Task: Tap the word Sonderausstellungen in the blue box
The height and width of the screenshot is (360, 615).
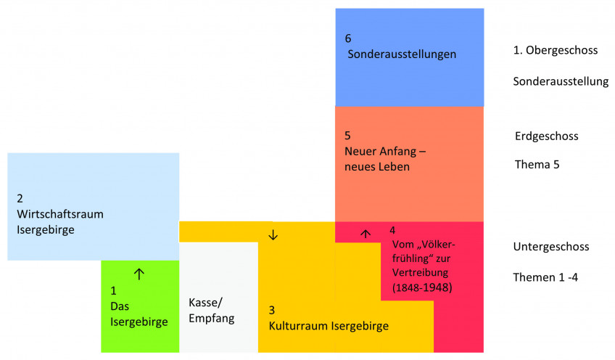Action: (x=402, y=54)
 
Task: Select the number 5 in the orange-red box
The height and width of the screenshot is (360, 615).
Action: (x=348, y=136)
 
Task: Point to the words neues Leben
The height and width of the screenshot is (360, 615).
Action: (x=377, y=167)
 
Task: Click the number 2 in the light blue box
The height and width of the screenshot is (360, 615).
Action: (x=20, y=198)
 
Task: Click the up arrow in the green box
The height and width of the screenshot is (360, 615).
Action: (x=140, y=274)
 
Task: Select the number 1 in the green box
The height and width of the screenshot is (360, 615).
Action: (x=113, y=290)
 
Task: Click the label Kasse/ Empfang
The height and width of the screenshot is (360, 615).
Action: (x=211, y=310)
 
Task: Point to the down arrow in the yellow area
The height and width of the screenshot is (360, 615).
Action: (x=273, y=234)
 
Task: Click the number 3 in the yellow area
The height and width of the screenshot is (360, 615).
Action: (x=272, y=310)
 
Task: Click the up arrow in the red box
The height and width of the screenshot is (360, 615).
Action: (x=366, y=234)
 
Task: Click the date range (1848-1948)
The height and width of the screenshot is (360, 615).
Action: (x=422, y=288)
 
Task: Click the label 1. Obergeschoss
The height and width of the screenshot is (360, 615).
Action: (x=555, y=51)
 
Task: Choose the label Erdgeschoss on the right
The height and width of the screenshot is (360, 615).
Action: (x=545, y=136)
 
